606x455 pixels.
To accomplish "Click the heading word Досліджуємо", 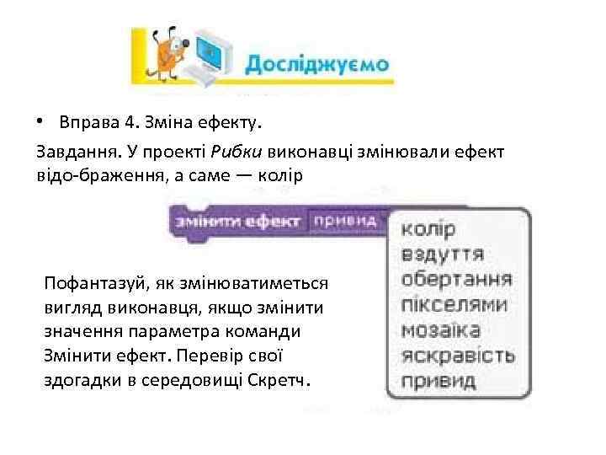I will (x=316, y=64).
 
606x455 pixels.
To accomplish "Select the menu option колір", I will (x=428, y=229).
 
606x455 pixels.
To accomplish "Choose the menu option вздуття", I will (x=442, y=254).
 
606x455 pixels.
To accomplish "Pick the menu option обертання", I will (x=456, y=279).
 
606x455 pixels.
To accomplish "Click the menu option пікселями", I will (x=454, y=304).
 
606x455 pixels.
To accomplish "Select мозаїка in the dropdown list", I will (x=441, y=329).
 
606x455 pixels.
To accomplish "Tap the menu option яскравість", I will (x=458, y=355).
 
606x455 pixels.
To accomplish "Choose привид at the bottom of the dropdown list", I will (x=438, y=380).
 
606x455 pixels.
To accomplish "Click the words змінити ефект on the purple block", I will (x=237, y=221).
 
